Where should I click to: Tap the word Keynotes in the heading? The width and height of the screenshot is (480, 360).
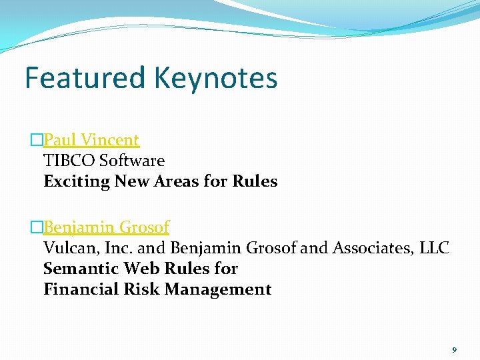pyautogui.click(x=215, y=79)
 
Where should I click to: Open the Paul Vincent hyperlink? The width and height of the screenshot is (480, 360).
pyautogui.click(x=91, y=140)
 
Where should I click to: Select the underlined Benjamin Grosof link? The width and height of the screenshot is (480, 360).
pyautogui.click(x=106, y=227)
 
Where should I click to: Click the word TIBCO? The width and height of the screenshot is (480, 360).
pyautogui.click(x=69, y=161)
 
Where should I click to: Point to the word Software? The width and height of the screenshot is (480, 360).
pyautogui.click(x=131, y=161)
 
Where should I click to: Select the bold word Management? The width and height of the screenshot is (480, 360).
pyautogui.click(x=217, y=290)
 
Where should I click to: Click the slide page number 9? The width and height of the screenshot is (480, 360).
pyautogui.click(x=454, y=349)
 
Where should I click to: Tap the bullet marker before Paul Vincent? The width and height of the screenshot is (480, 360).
pyautogui.click(x=37, y=140)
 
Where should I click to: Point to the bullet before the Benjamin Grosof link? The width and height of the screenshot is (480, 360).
pyautogui.click(x=37, y=227)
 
